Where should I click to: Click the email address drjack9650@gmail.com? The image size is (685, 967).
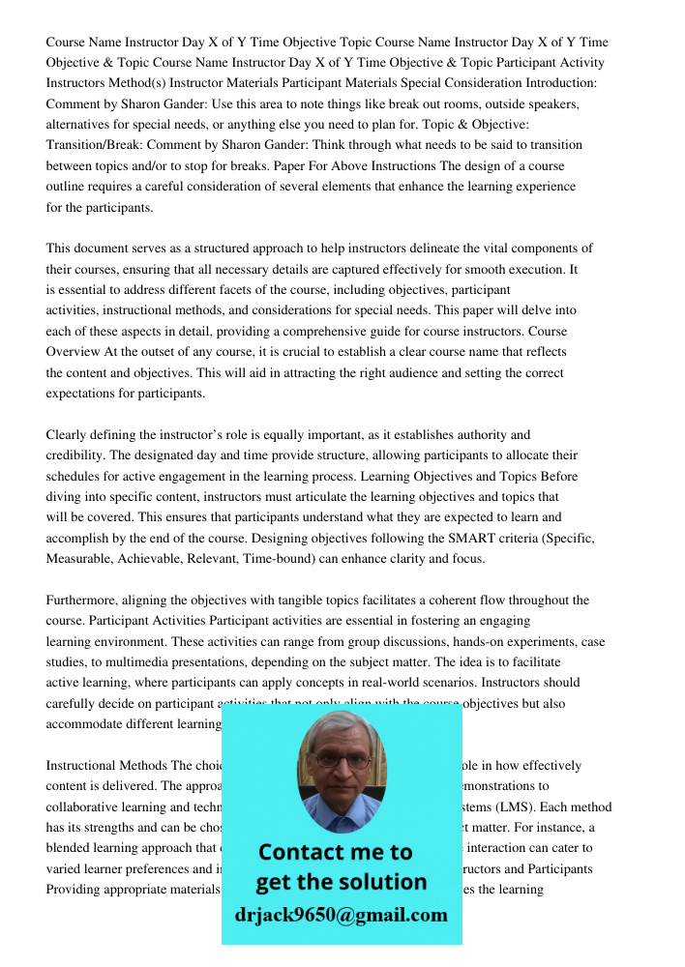(342, 914)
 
